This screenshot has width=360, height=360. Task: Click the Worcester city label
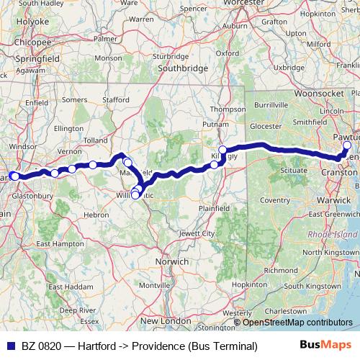coord(243,3)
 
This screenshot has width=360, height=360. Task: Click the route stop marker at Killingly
coord(222,150)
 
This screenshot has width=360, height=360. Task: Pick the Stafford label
coord(115,100)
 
